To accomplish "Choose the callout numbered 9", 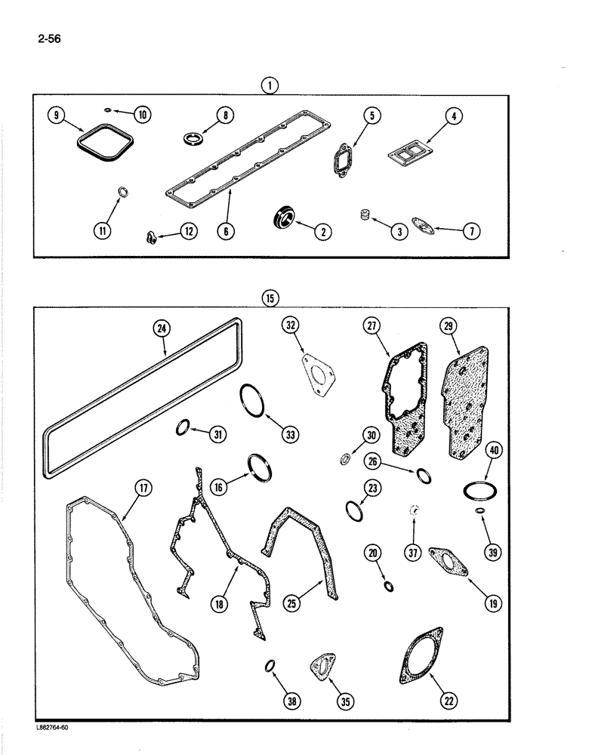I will [x=54, y=116].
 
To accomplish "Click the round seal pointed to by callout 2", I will [x=285, y=219].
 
